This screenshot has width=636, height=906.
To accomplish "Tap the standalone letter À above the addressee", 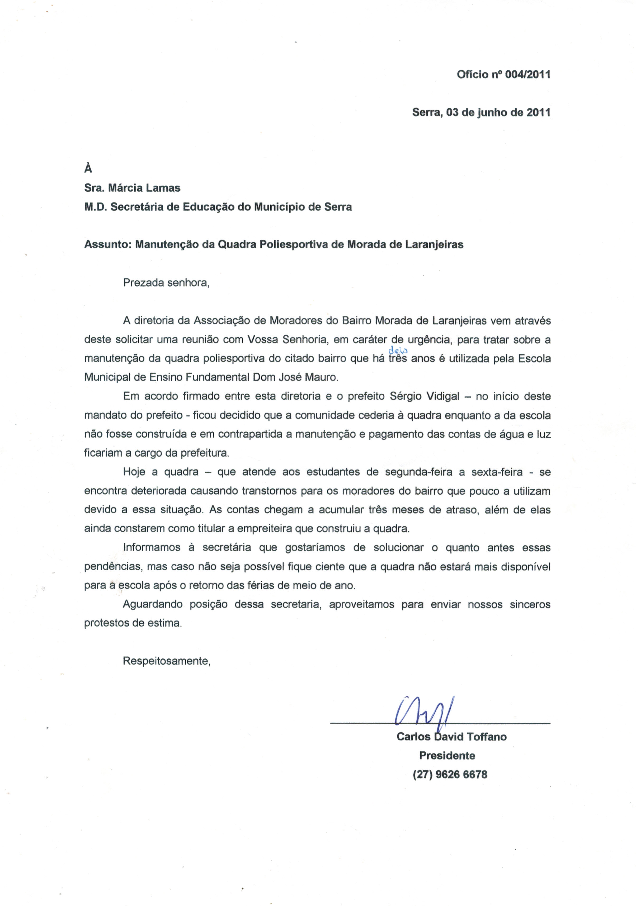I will coord(88,168).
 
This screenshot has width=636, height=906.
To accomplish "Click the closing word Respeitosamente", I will coord(166,661).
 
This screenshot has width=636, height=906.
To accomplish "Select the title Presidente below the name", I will coord(447,756).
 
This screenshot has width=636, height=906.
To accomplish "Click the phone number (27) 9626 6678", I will coord(450,775).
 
